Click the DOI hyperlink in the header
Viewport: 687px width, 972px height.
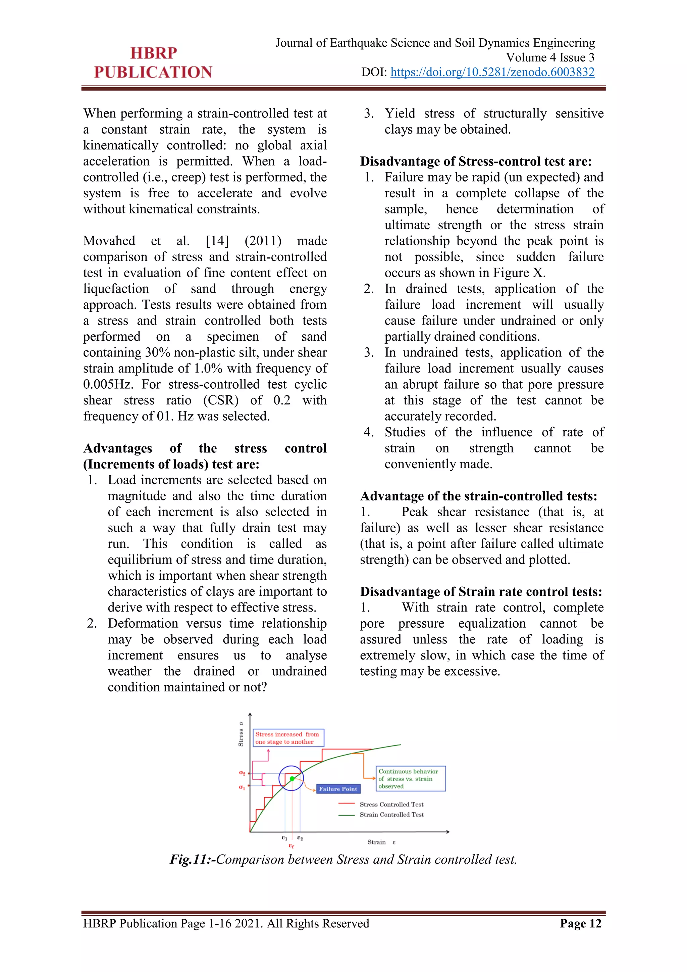click(x=492, y=72)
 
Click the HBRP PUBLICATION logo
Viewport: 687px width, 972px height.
click(x=153, y=63)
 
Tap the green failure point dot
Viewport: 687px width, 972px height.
click(x=292, y=779)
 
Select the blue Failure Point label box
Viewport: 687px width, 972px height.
click(x=338, y=789)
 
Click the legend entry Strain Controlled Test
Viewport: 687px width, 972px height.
click(x=391, y=815)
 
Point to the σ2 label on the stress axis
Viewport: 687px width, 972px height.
click(x=242, y=773)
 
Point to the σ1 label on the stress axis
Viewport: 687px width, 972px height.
click(x=242, y=787)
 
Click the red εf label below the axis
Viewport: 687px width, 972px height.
click(x=291, y=845)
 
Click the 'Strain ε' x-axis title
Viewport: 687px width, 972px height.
click(x=381, y=842)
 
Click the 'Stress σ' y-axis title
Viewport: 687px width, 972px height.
click(x=241, y=734)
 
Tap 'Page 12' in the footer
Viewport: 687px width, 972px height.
click(x=580, y=923)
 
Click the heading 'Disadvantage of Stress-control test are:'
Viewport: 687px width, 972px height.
click(x=475, y=161)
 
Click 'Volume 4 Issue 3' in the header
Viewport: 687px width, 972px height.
click(x=550, y=58)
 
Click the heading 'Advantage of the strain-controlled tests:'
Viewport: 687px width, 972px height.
click(x=478, y=496)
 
